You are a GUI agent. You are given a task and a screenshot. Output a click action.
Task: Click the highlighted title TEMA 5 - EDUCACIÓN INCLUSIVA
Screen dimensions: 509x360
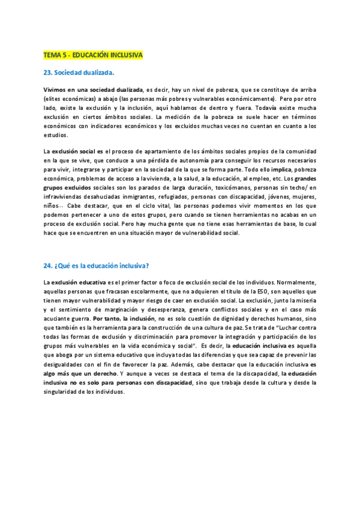[x=93, y=55]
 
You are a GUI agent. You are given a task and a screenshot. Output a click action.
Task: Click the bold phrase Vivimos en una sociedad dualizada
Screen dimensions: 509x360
[x=93, y=89]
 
